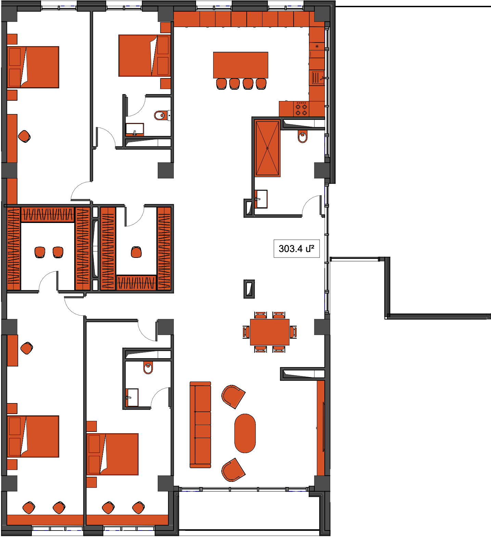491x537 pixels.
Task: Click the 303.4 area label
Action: pos(296,249)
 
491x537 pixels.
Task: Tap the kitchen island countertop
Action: pos(241,65)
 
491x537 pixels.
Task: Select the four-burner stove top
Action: pos(301,109)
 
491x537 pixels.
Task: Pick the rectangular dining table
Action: pos(270,332)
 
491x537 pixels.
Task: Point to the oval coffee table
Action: pos(245,433)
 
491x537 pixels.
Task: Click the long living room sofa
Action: pos(201,425)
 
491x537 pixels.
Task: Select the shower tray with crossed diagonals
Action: pos(268,148)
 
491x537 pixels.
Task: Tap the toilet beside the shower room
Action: pos(302,137)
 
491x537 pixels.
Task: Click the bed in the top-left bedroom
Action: pos(33,67)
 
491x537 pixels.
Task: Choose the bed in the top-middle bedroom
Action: pos(144,55)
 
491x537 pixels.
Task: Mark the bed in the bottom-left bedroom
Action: pos(33,436)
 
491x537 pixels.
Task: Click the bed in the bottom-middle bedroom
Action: pos(113,454)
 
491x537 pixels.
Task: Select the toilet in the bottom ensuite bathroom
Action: pos(148,368)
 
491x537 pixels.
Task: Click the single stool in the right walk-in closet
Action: pos(137,252)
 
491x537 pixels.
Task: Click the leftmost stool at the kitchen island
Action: pos(221,84)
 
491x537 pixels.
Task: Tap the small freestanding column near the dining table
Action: pos(249,289)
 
